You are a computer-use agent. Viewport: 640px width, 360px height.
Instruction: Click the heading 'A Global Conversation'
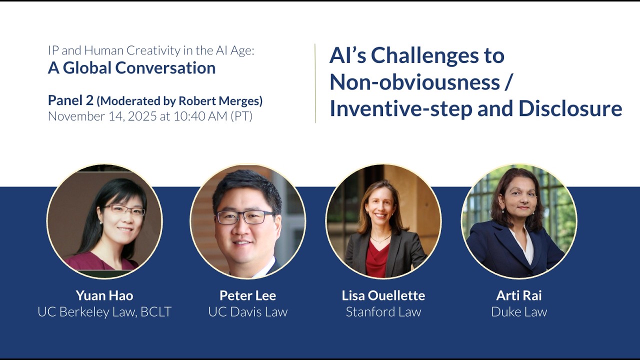(131, 68)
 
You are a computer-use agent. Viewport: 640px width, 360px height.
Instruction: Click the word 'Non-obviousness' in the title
(414, 81)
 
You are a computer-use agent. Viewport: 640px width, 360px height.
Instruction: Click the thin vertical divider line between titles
(315, 83)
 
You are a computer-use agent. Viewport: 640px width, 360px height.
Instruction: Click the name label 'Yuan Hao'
(104, 295)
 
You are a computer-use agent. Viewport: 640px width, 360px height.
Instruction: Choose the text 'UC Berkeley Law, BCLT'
(104, 312)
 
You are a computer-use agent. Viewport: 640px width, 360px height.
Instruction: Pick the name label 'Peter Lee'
(247, 295)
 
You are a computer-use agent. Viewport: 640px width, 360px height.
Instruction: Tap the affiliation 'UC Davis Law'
(247, 312)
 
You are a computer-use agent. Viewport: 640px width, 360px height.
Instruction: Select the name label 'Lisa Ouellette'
(383, 295)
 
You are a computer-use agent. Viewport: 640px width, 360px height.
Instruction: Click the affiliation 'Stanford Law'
(383, 312)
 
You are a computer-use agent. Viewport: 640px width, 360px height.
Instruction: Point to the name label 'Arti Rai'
(519, 295)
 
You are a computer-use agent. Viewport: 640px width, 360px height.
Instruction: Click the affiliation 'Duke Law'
(519, 312)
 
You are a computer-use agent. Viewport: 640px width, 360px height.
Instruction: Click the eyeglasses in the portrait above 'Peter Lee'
(245, 217)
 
